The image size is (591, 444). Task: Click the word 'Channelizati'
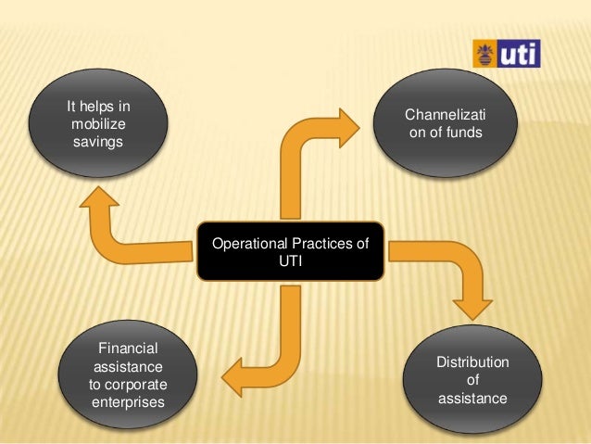445,117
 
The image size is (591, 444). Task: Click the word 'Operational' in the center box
250,245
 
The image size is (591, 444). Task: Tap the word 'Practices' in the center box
321,245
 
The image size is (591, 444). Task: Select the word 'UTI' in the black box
291,262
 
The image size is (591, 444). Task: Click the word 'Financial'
128,349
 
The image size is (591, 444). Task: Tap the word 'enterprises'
128,403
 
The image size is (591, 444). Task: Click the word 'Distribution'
472,362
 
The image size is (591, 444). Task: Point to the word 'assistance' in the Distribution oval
472,400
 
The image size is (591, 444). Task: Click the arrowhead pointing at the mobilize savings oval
100,198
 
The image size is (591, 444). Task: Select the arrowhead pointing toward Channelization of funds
350,127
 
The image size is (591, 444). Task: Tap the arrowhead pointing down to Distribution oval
473,307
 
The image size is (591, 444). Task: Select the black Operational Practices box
291,251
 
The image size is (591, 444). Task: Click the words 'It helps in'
98,108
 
